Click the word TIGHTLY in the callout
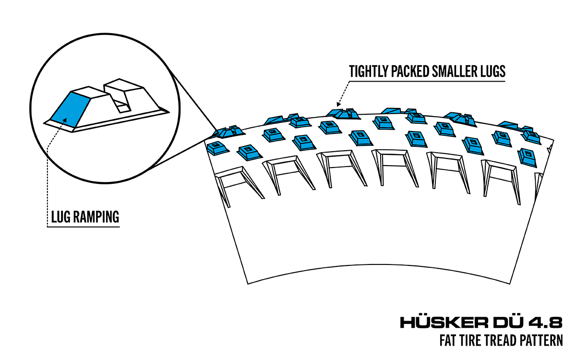(368, 72)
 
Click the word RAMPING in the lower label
(96, 217)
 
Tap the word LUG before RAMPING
(61, 217)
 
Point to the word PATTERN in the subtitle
(541, 341)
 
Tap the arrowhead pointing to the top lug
(338, 103)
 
